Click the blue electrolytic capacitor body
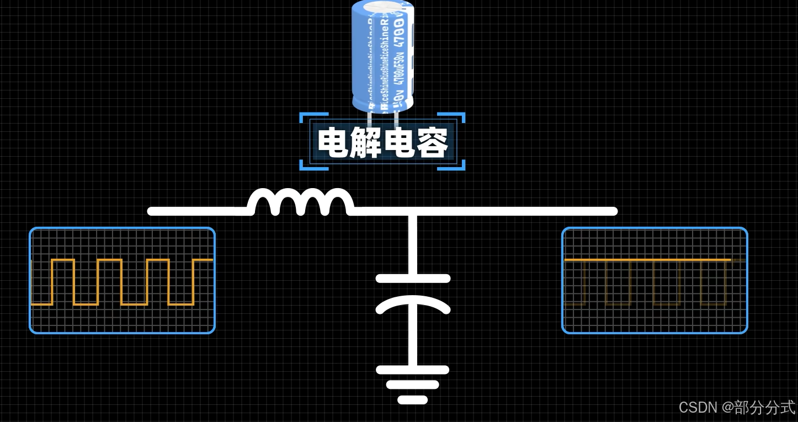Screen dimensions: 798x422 [382, 61]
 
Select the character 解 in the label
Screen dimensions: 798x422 [366, 142]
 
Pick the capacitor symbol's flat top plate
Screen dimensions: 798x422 [413, 279]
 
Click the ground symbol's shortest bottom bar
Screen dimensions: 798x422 [413, 399]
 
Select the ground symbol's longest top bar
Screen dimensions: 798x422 [413, 370]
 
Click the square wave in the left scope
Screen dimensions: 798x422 [121, 281]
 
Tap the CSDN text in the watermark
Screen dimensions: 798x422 [698, 408]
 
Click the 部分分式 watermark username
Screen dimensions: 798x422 [765, 408]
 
